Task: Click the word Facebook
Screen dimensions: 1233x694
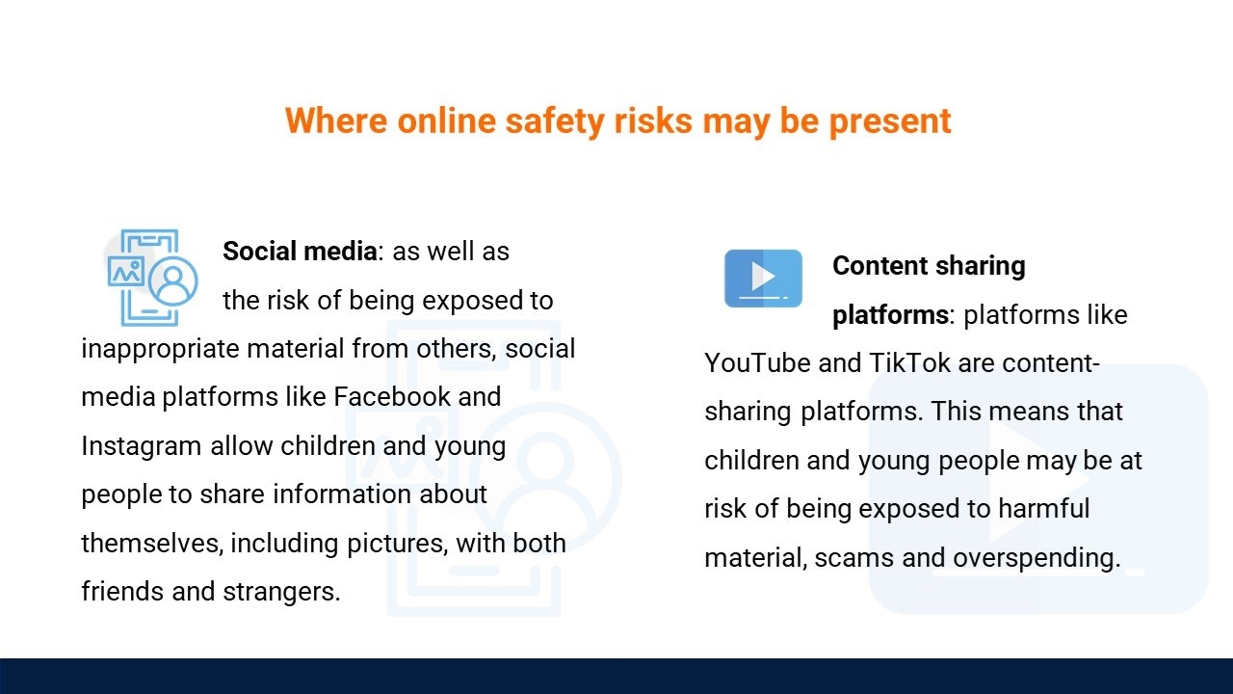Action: (392, 396)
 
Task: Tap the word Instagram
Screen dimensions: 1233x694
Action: (141, 446)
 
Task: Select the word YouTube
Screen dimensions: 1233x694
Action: (757, 363)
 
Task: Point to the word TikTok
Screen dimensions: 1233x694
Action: (910, 363)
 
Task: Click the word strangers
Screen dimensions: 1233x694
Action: (281, 593)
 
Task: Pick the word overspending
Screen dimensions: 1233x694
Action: (1037, 558)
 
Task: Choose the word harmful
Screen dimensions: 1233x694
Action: (1044, 508)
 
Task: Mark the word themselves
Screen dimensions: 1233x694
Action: (152, 543)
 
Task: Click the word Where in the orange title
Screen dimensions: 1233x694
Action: (336, 120)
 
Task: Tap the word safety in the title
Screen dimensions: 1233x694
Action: (555, 121)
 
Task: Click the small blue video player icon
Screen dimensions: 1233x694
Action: (763, 279)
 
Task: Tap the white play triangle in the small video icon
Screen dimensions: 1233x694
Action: (763, 276)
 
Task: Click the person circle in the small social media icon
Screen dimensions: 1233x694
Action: (173, 281)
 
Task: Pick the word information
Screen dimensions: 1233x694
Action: (342, 494)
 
